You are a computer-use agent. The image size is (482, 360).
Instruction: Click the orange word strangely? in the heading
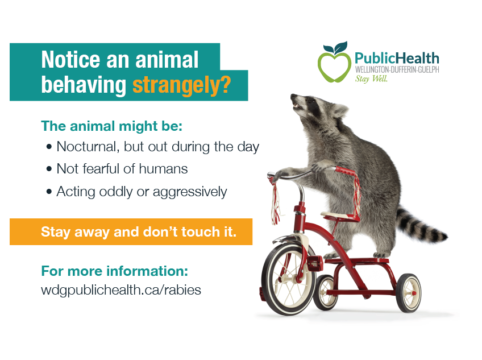181,85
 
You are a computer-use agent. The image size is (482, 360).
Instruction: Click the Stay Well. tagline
371,79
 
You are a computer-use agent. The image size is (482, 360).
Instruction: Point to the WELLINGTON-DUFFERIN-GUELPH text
396,69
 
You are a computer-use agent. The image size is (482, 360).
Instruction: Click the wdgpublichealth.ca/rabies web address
121,289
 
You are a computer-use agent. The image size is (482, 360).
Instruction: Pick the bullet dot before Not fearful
49,169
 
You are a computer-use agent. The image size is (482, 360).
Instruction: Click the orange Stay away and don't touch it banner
131,232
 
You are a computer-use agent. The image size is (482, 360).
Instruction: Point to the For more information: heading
114,270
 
